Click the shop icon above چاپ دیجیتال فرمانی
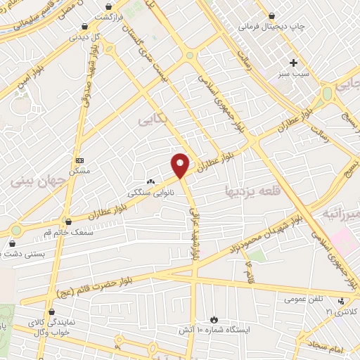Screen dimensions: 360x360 pyautogui.click(x=272, y=15)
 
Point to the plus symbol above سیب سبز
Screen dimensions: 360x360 pyautogui.click(x=294, y=63)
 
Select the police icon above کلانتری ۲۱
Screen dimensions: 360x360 pyautogui.click(x=341, y=302)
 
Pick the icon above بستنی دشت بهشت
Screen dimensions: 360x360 pyautogui.click(x=12, y=243)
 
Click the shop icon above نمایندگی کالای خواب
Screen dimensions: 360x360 pyautogui.click(x=51, y=310)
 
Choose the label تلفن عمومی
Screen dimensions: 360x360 pyautogui.click(x=304, y=299)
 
